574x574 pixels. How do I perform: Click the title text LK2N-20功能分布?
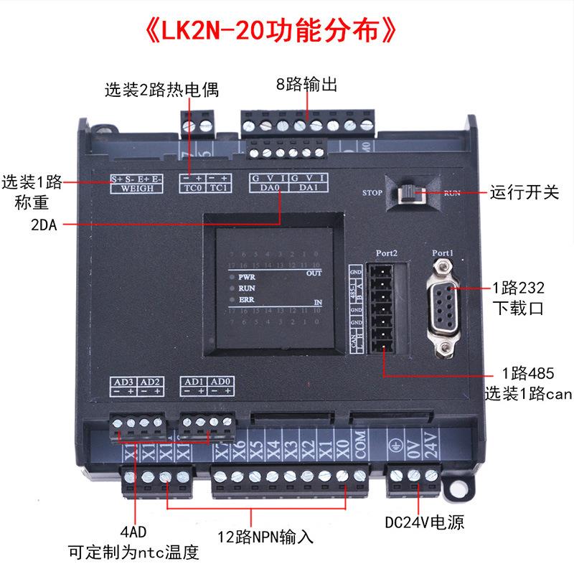[270, 34]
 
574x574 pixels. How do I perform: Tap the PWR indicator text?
[248, 276]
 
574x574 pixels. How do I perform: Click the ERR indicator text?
[247, 300]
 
